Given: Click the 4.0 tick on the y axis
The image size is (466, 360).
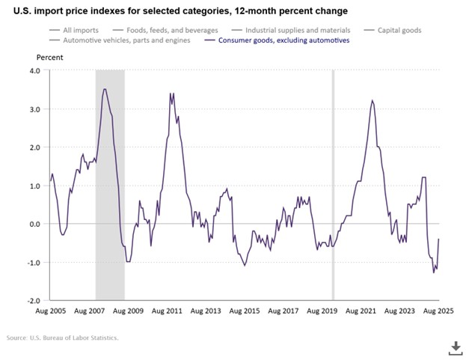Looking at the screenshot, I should point(34,71).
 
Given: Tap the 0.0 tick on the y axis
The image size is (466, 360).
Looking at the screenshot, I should point(34,224).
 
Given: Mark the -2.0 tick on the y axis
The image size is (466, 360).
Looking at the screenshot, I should point(32,300).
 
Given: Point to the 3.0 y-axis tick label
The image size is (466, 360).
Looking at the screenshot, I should point(34,109).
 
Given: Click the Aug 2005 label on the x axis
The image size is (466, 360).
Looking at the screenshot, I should point(50,310).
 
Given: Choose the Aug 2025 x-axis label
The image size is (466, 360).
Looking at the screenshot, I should point(438,310).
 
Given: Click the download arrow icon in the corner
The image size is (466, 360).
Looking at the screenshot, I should point(453,347).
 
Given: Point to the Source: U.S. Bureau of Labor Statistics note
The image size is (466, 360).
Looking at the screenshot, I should point(63,338).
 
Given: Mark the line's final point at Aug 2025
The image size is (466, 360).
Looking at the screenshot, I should point(438,240).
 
